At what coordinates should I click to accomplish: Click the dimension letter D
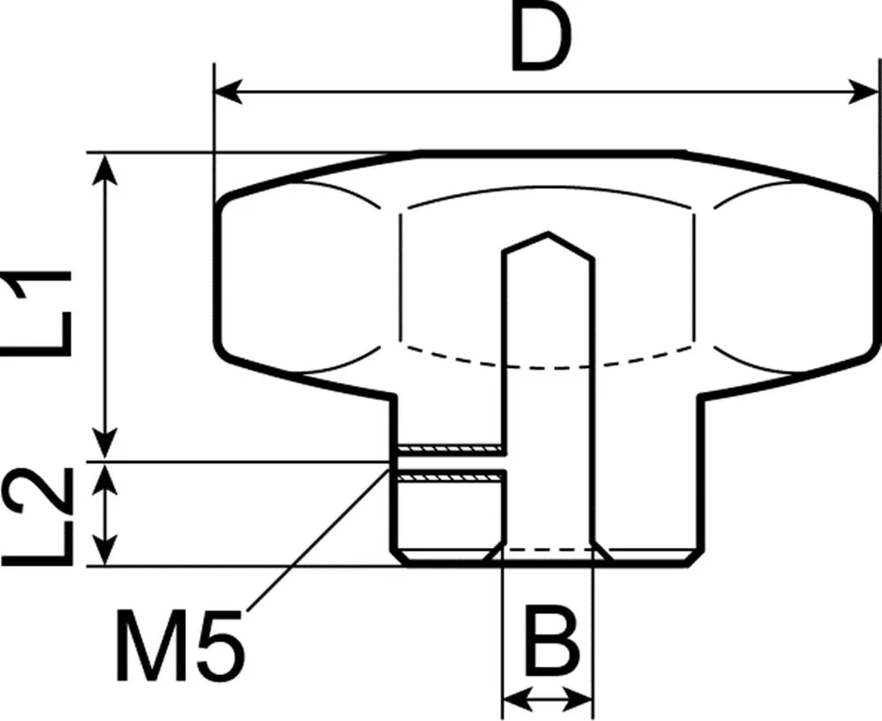tap(542, 41)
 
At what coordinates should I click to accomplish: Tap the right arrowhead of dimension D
tap(866, 91)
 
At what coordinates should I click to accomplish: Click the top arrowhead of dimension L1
tap(106, 164)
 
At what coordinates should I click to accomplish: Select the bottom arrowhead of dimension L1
tap(106, 447)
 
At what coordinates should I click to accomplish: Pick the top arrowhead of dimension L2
tap(106, 472)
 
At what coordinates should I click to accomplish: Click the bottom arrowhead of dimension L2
tap(106, 554)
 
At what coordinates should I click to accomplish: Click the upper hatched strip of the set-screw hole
tap(450, 448)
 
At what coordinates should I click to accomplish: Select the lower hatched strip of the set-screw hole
tap(450, 477)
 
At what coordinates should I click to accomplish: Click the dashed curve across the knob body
tap(547, 357)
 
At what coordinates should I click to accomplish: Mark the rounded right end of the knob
tap(875, 274)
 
